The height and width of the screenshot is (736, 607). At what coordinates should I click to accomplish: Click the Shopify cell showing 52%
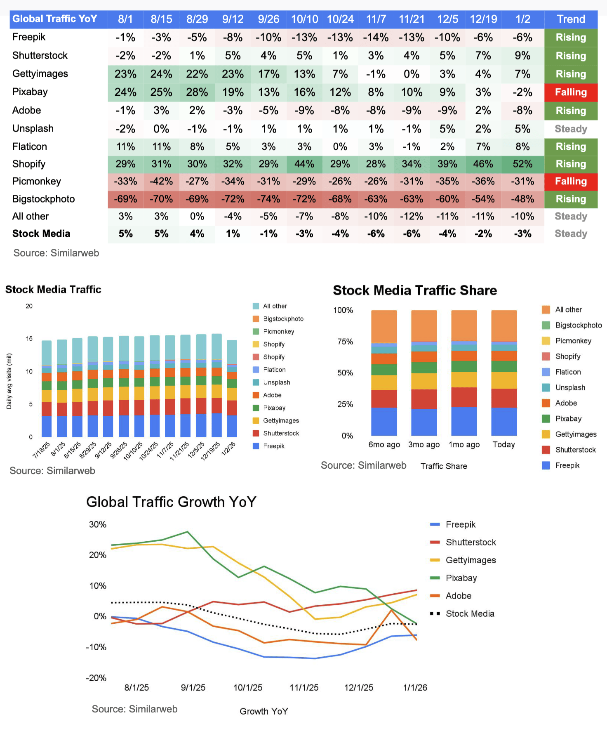[522, 164]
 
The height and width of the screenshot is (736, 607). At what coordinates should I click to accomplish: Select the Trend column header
[571, 19]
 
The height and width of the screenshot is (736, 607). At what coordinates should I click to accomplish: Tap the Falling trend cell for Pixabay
[571, 92]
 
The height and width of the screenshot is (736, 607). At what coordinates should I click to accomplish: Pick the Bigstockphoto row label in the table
[44, 199]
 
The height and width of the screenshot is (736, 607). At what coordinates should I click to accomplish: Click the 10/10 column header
[304, 19]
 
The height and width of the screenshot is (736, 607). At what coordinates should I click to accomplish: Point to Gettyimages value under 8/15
[161, 74]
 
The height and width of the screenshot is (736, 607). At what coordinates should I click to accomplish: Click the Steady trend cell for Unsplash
[571, 129]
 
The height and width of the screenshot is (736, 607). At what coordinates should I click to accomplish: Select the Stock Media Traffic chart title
[53, 290]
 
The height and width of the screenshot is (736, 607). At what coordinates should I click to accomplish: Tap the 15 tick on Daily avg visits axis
[29, 339]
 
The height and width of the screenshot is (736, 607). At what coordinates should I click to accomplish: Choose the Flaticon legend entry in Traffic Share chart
[568, 372]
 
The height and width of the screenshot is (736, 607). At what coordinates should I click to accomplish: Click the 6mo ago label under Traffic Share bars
[384, 445]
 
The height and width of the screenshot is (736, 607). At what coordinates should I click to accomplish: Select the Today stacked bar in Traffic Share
[504, 373]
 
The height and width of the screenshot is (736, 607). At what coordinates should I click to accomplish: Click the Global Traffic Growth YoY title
[171, 502]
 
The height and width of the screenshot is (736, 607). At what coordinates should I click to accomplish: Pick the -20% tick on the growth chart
[96, 678]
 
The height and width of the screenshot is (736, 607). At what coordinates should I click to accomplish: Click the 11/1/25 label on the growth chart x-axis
[304, 688]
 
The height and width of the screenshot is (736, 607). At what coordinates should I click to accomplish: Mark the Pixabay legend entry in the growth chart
[461, 578]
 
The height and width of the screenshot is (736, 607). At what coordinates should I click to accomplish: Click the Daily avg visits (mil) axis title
[9, 381]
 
